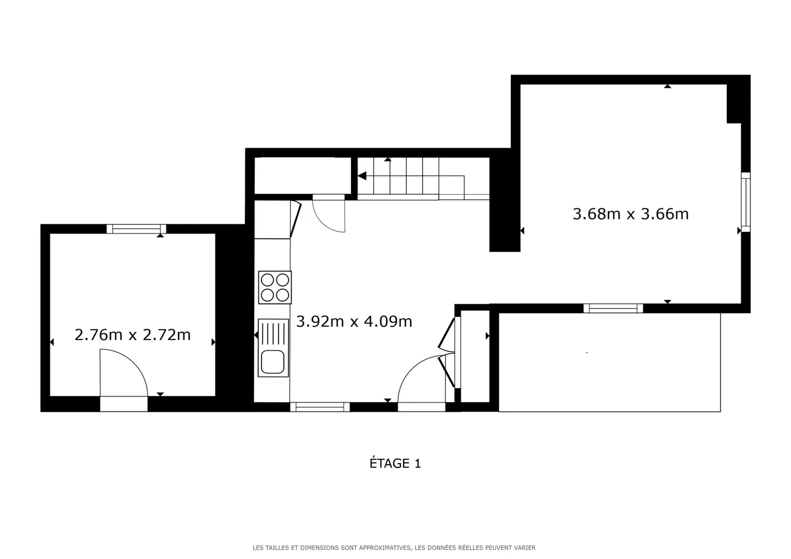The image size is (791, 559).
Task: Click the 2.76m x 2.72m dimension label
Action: (132, 335)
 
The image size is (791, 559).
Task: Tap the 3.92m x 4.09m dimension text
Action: (354, 321)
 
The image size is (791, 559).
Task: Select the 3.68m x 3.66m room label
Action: (631, 214)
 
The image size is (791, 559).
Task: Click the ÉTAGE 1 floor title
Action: (395, 463)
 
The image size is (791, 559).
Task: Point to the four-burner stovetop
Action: (275, 287)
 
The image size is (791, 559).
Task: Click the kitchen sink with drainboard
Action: (274, 348)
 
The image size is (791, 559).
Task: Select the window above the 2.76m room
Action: (136, 229)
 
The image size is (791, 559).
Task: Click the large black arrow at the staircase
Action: (362, 176)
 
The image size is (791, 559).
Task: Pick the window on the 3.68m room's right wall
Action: (745, 202)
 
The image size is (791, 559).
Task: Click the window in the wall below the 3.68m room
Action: (613, 308)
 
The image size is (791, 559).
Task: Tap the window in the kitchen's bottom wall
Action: (320, 407)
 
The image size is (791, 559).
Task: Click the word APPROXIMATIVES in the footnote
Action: (385, 547)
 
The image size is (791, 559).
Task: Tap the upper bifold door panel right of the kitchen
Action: (447, 334)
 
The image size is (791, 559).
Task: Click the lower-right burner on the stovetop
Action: (282, 295)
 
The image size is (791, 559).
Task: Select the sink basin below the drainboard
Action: (272, 362)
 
